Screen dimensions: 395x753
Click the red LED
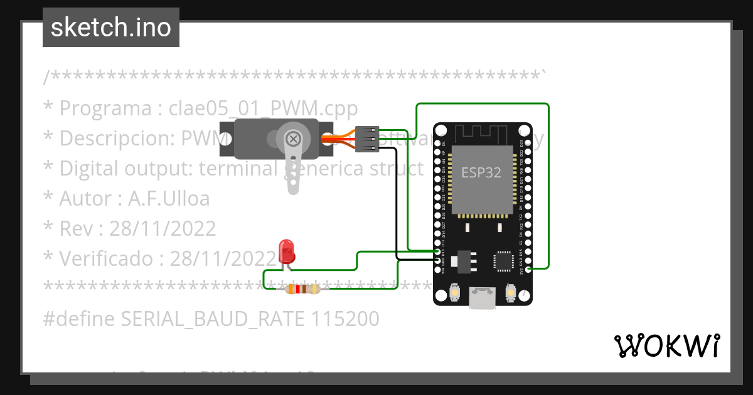(x=287, y=250)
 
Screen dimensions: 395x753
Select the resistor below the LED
(x=302, y=289)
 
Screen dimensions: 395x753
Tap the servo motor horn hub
(x=293, y=139)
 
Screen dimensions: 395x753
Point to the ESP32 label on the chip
(x=481, y=172)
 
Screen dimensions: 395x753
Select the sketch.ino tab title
(x=111, y=28)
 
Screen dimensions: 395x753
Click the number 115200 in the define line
(x=344, y=319)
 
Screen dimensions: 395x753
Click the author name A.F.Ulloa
(x=169, y=199)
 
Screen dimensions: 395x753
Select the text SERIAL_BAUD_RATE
(x=213, y=319)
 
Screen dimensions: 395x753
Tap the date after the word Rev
(x=163, y=228)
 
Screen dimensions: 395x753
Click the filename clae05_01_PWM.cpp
(x=263, y=108)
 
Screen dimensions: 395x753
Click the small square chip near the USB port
(x=504, y=261)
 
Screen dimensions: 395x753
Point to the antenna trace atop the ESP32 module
(x=482, y=134)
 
